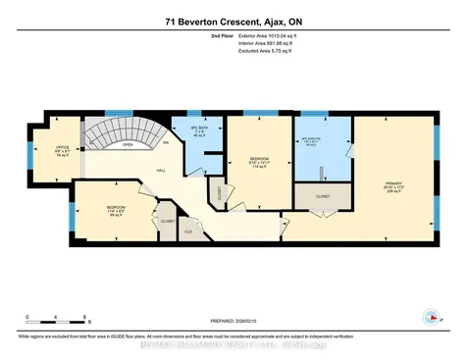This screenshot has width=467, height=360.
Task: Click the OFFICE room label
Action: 62,147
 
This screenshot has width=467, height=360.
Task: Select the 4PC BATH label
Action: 199,129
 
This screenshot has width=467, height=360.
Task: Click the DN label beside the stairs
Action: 165,143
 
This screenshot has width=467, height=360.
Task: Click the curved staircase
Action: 116,129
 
